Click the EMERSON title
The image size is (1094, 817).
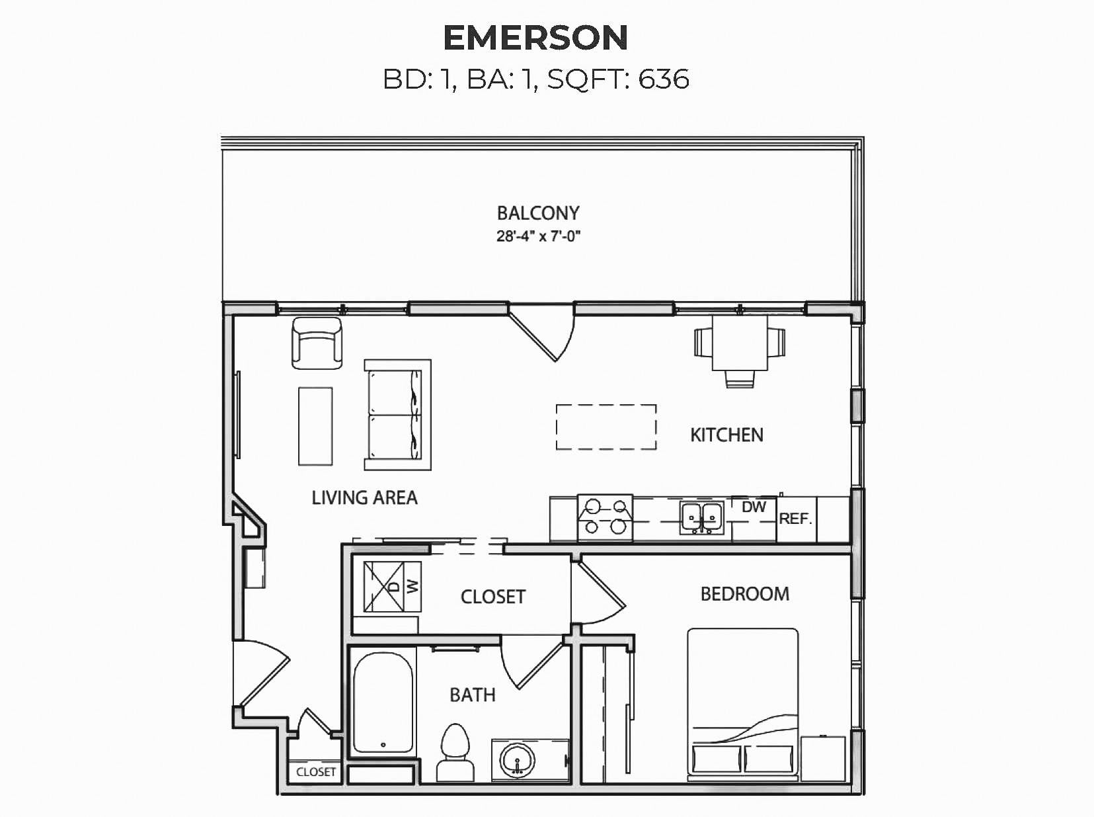point(535,38)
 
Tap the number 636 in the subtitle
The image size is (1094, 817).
point(664,79)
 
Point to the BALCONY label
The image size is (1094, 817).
point(538,213)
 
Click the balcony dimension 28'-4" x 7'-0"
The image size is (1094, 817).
point(538,236)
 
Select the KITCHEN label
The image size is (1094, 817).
point(726,435)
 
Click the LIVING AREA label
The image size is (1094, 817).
point(364,497)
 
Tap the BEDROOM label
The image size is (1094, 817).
point(744,593)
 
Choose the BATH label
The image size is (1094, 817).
point(473,695)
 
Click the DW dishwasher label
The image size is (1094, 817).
point(754,507)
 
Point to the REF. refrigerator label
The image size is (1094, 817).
point(795,519)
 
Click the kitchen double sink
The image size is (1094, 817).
point(702,518)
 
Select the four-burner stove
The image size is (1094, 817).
point(605,518)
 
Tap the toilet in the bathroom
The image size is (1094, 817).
point(455,752)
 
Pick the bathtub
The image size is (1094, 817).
point(383,703)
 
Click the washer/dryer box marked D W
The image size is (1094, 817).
point(392,587)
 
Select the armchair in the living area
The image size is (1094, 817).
point(317,343)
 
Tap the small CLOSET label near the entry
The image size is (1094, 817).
point(316,772)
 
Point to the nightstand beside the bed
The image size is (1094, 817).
point(824,759)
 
